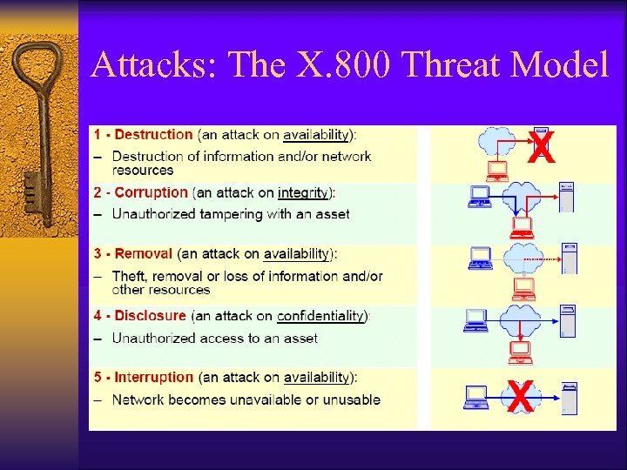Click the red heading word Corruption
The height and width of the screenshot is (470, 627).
pos(151,192)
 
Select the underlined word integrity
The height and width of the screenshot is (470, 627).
pos(303,192)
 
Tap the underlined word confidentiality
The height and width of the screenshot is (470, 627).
pos(320,316)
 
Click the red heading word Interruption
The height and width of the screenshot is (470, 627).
pos(153,378)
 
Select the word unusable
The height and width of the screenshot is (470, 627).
pos(352,400)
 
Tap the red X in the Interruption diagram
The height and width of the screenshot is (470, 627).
pos(519,399)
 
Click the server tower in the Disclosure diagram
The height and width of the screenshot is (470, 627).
pos(568,321)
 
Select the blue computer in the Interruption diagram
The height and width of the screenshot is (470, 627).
pos(477,397)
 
